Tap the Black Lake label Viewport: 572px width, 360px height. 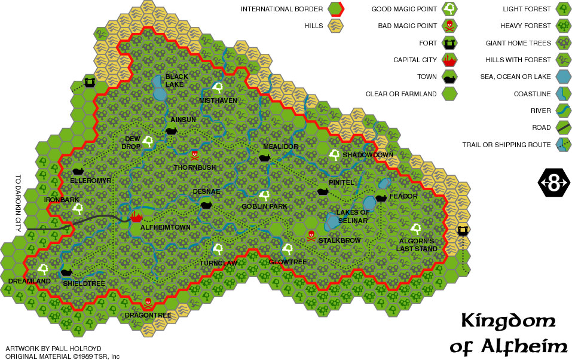click(177, 80)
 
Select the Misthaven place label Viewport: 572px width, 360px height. click(218, 100)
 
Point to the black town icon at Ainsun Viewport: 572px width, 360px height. click(171, 130)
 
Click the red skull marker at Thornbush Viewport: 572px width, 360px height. click(194, 154)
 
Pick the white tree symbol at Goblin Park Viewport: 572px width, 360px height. click(264, 195)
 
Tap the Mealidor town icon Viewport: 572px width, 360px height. click(264, 158)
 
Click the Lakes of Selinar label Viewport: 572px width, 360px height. click(352, 216)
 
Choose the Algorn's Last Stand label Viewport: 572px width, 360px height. click(416, 245)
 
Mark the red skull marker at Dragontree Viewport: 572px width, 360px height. click(148, 303)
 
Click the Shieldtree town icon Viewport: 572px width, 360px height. click(66, 273)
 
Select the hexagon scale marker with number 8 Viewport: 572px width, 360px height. click(554, 183)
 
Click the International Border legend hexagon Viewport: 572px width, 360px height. click(334, 9)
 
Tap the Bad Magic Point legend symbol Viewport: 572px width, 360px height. click(449, 26)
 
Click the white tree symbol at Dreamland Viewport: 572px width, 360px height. click(43, 269)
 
